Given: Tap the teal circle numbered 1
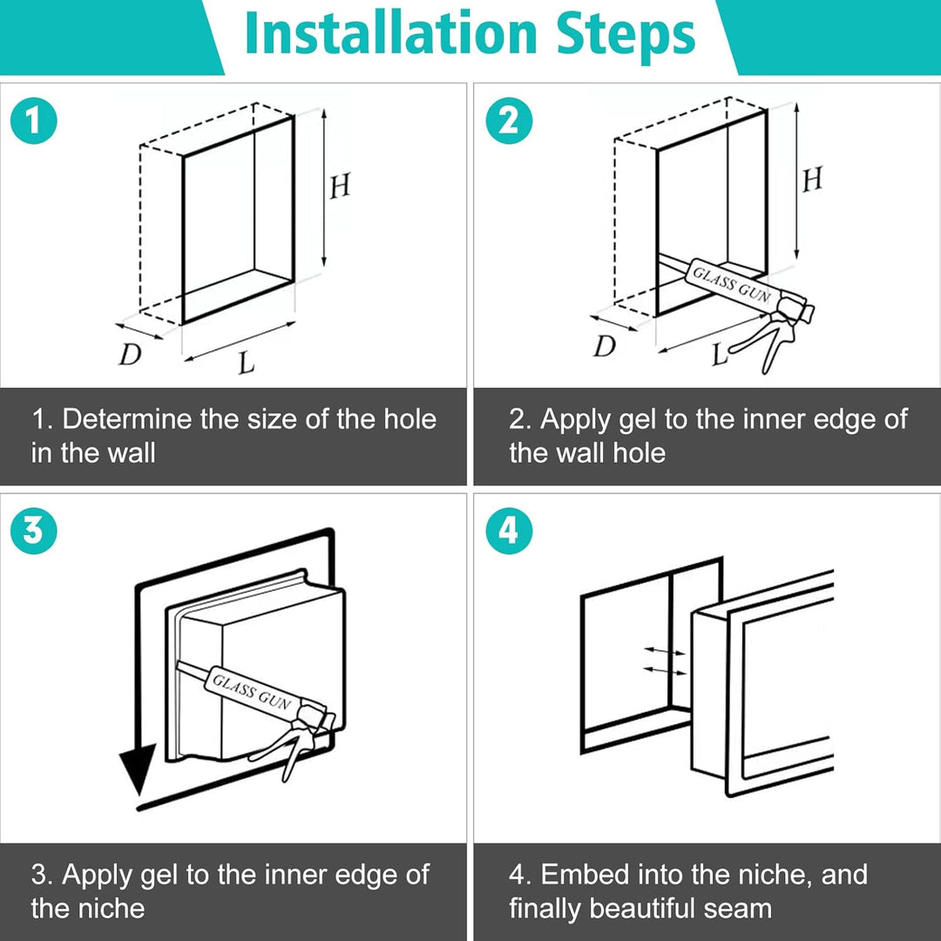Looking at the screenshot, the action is pyautogui.click(x=34, y=120).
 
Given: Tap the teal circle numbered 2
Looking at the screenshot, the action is pyautogui.click(x=509, y=120).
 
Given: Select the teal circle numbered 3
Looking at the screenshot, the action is pyautogui.click(x=34, y=531).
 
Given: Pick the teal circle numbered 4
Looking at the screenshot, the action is pyautogui.click(x=509, y=531).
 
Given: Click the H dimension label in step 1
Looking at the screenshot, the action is pyautogui.click(x=340, y=186).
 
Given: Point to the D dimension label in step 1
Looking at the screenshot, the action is pyautogui.click(x=130, y=354).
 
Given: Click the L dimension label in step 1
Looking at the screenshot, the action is pyautogui.click(x=246, y=362).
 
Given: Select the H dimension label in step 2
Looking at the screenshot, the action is pyautogui.click(x=812, y=179).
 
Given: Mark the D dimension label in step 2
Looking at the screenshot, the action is pyautogui.click(x=605, y=346).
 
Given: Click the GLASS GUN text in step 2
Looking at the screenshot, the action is pyautogui.click(x=732, y=284).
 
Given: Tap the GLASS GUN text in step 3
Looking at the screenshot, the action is pyautogui.click(x=252, y=691).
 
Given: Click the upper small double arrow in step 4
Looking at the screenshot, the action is pyautogui.click(x=664, y=651).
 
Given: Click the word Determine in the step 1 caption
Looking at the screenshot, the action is pyautogui.click(x=127, y=419).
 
